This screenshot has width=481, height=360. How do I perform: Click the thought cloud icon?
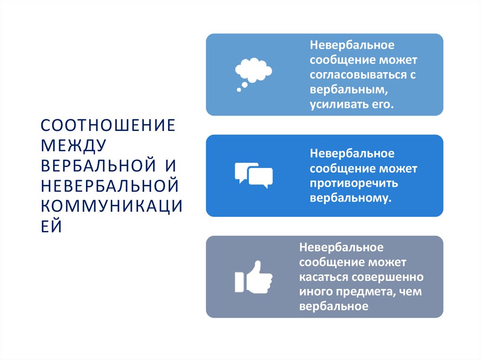253,73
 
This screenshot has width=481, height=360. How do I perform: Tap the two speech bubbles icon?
253,175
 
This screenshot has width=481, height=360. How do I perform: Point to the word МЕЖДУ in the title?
73,146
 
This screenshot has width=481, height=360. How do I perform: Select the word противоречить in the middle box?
348,183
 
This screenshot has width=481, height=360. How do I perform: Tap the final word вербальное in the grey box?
333,306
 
